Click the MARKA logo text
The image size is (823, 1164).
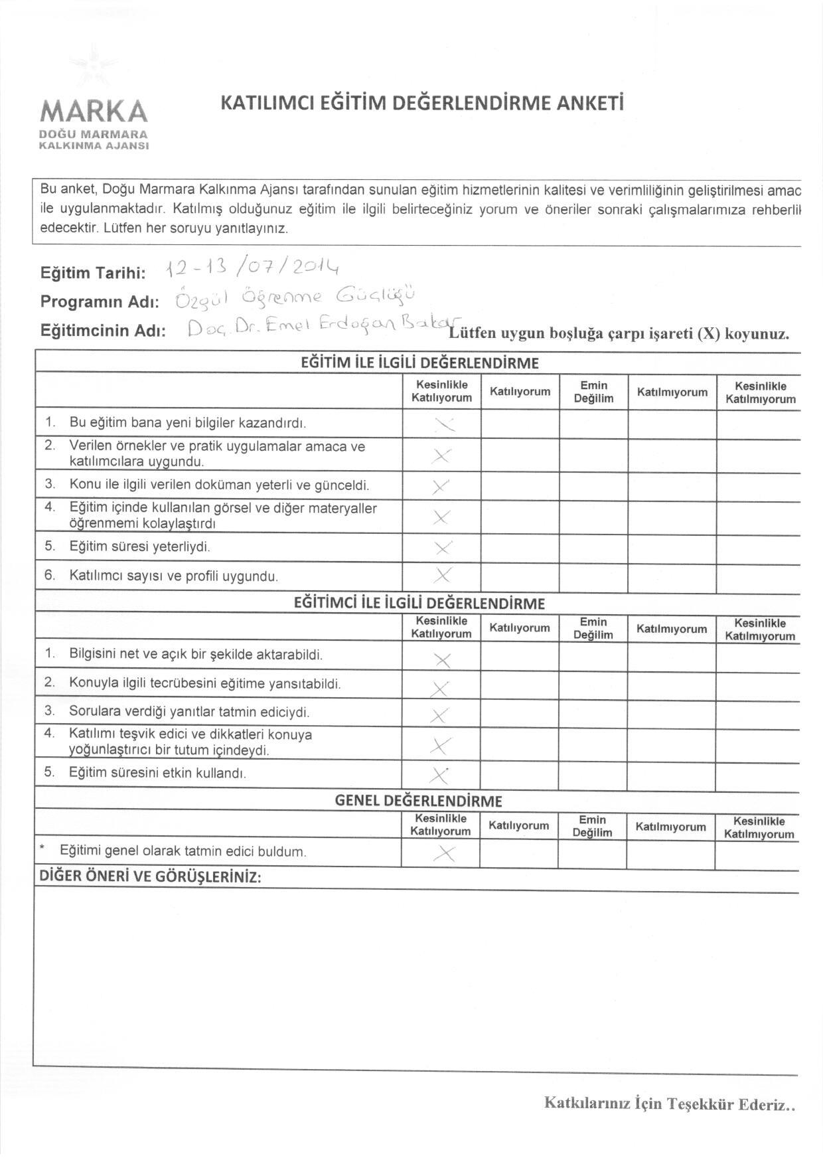coord(94,111)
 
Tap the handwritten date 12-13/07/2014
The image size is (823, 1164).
coord(253,267)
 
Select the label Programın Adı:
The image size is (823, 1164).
coord(100,302)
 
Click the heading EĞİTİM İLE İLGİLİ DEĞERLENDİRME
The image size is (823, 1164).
coord(419,363)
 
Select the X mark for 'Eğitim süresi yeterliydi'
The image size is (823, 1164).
coord(443,548)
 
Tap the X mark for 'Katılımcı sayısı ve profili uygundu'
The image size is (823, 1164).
coord(443,575)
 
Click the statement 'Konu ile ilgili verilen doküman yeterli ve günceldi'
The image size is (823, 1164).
coord(219,485)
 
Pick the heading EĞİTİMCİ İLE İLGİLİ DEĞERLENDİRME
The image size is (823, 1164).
coord(419,604)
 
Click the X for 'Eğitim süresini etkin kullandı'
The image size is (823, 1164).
coord(439,775)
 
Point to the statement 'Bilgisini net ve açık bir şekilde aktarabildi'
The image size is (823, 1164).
coord(196,654)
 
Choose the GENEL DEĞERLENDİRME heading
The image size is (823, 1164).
coord(418,801)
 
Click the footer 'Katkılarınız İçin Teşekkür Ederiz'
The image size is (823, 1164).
coord(670,1104)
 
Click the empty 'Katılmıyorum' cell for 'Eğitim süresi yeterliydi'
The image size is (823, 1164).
coord(672,548)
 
